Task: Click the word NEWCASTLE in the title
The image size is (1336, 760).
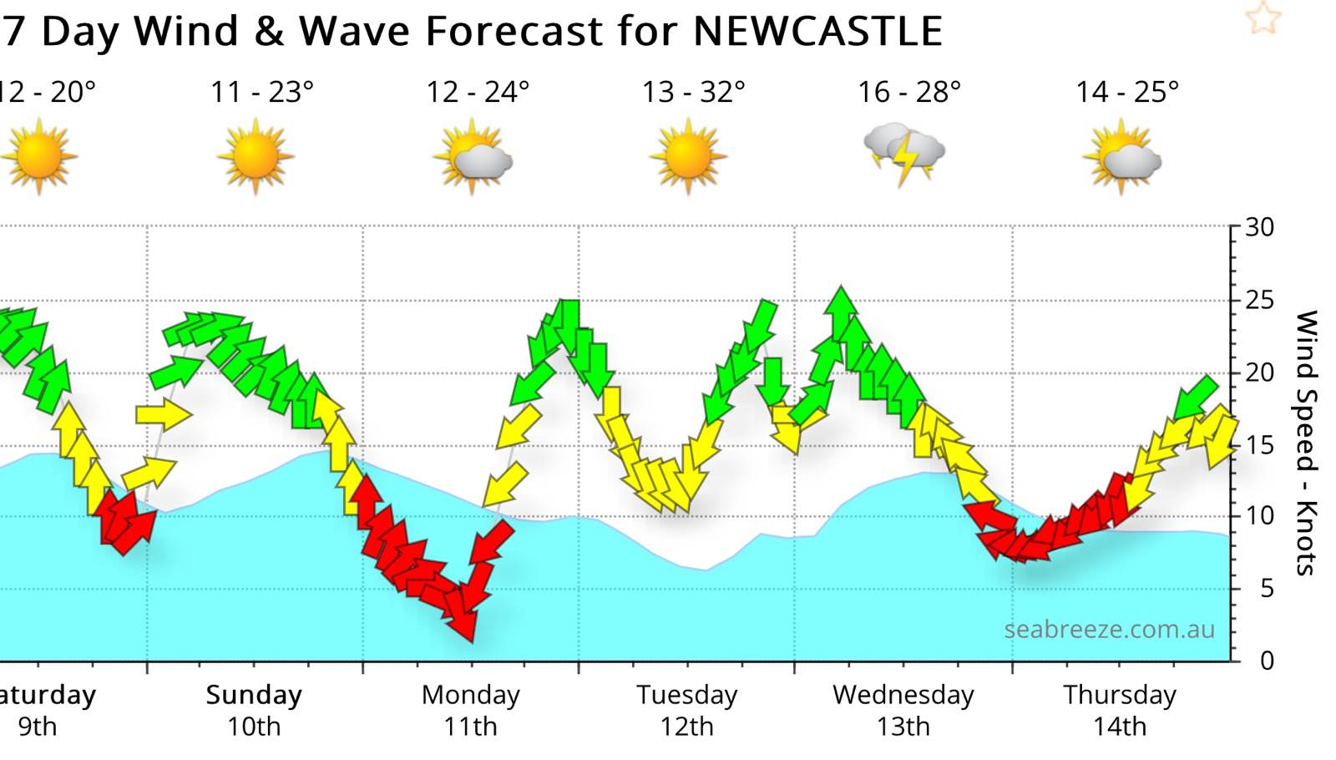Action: click(817, 32)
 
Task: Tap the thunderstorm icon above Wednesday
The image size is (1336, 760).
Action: click(904, 153)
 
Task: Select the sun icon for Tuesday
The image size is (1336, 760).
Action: click(688, 156)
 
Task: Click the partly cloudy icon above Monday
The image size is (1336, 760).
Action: click(473, 156)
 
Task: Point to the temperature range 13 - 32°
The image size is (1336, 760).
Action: click(693, 92)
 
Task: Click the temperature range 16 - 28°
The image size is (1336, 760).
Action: click(909, 92)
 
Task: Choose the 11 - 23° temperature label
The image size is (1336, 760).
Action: click(261, 92)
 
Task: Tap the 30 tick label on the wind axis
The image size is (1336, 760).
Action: click(1259, 227)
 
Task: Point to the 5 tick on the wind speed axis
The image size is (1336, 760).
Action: click(1267, 589)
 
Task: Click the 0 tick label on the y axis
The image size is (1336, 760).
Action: click(1267, 661)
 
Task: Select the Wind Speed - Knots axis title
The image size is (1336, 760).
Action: click(1306, 443)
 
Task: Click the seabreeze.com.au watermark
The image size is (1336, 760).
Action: click(1109, 629)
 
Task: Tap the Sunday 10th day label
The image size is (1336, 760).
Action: click(254, 710)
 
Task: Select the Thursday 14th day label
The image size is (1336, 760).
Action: click(1119, 710)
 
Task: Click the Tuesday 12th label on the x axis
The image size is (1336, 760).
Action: click(687, 710)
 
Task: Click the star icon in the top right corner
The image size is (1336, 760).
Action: click(1263, 18)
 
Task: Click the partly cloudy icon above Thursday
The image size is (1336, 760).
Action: click(1122, 156)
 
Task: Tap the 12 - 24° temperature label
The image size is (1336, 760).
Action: click(478, 92)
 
